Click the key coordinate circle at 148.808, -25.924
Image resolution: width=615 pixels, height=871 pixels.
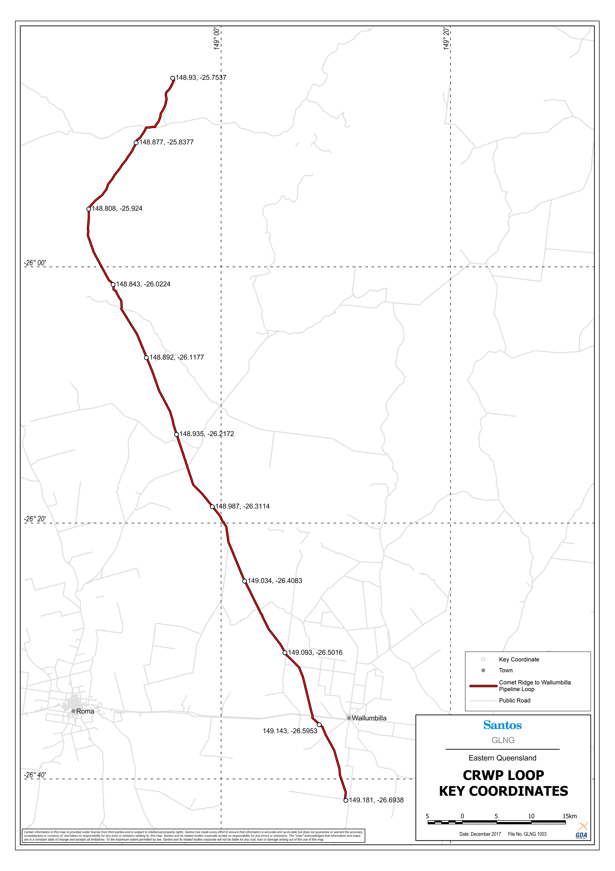[x=89, y=209]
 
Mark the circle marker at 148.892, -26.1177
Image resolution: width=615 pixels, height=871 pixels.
[x=146, y=358]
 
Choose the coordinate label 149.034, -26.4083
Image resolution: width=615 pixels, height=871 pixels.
[x=275, y=581]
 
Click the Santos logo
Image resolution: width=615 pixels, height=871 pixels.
[x=502, y=725]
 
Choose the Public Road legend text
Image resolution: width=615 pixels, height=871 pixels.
[x=514, y=700]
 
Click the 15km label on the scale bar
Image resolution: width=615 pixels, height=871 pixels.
[x=570, y=816]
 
